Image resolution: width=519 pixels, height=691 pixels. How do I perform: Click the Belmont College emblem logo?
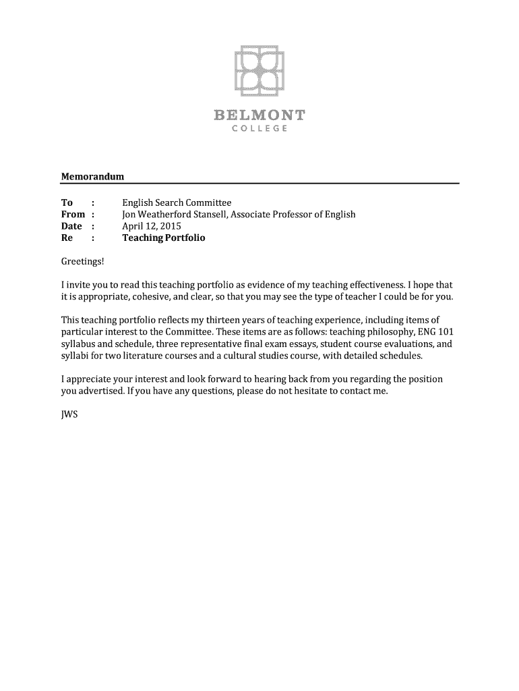point(259,71)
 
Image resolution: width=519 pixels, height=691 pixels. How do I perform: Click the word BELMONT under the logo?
point(259,115)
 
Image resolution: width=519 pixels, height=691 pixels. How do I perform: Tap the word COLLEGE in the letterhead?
point(259,128)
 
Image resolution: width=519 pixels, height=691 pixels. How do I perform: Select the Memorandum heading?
point(93,176)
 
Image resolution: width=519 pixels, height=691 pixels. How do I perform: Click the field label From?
point(73,215)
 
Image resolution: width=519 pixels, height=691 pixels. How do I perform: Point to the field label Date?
point(71,226)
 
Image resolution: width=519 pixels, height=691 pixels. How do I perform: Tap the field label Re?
point(67,238)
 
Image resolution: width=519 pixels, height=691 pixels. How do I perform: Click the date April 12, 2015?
point(152,226)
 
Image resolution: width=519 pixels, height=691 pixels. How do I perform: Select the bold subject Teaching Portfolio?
point(163,238)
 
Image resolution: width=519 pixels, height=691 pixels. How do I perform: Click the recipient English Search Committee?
point(177,202)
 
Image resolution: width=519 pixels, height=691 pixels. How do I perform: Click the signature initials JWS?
point(70,414)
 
